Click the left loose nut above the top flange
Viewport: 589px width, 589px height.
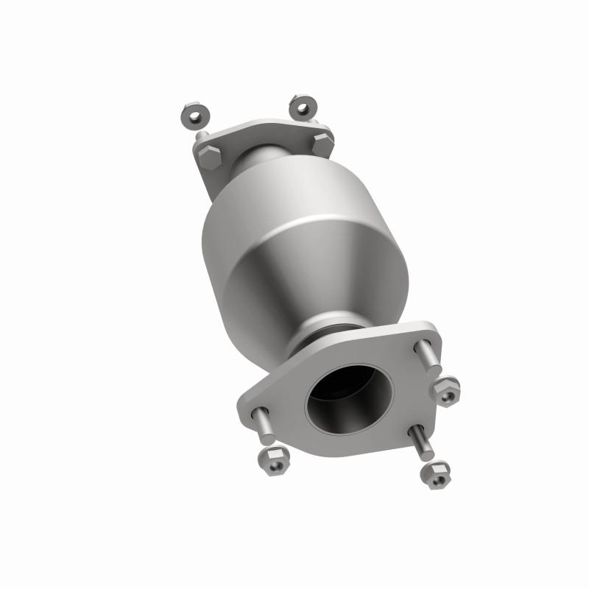(193, 116)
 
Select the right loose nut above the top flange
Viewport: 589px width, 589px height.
(302, 107)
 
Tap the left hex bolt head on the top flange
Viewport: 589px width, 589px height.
(209, 155)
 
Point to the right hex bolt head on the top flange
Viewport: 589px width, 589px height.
(322, 142)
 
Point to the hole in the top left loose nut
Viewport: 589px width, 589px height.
(193, 116)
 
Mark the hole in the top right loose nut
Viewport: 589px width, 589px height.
(302, 107)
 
